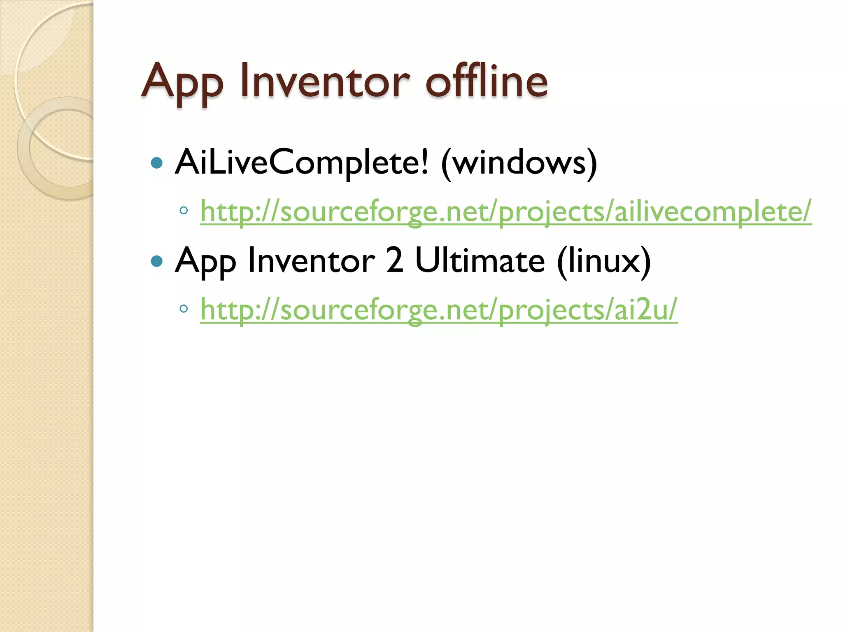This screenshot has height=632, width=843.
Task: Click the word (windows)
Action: [x=519, y=163]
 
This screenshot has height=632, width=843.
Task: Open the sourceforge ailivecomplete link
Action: [x=505, y=211]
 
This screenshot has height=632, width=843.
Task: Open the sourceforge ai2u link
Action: [x=438, y=309]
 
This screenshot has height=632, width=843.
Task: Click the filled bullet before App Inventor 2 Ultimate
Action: [x=157, y=261]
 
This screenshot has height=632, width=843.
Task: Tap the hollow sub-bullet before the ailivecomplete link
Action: [x=184, y=211]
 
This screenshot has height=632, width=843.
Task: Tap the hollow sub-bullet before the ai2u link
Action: [x=184, y=309]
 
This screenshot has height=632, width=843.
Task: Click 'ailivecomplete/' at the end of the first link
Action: [x=713, y=211]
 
